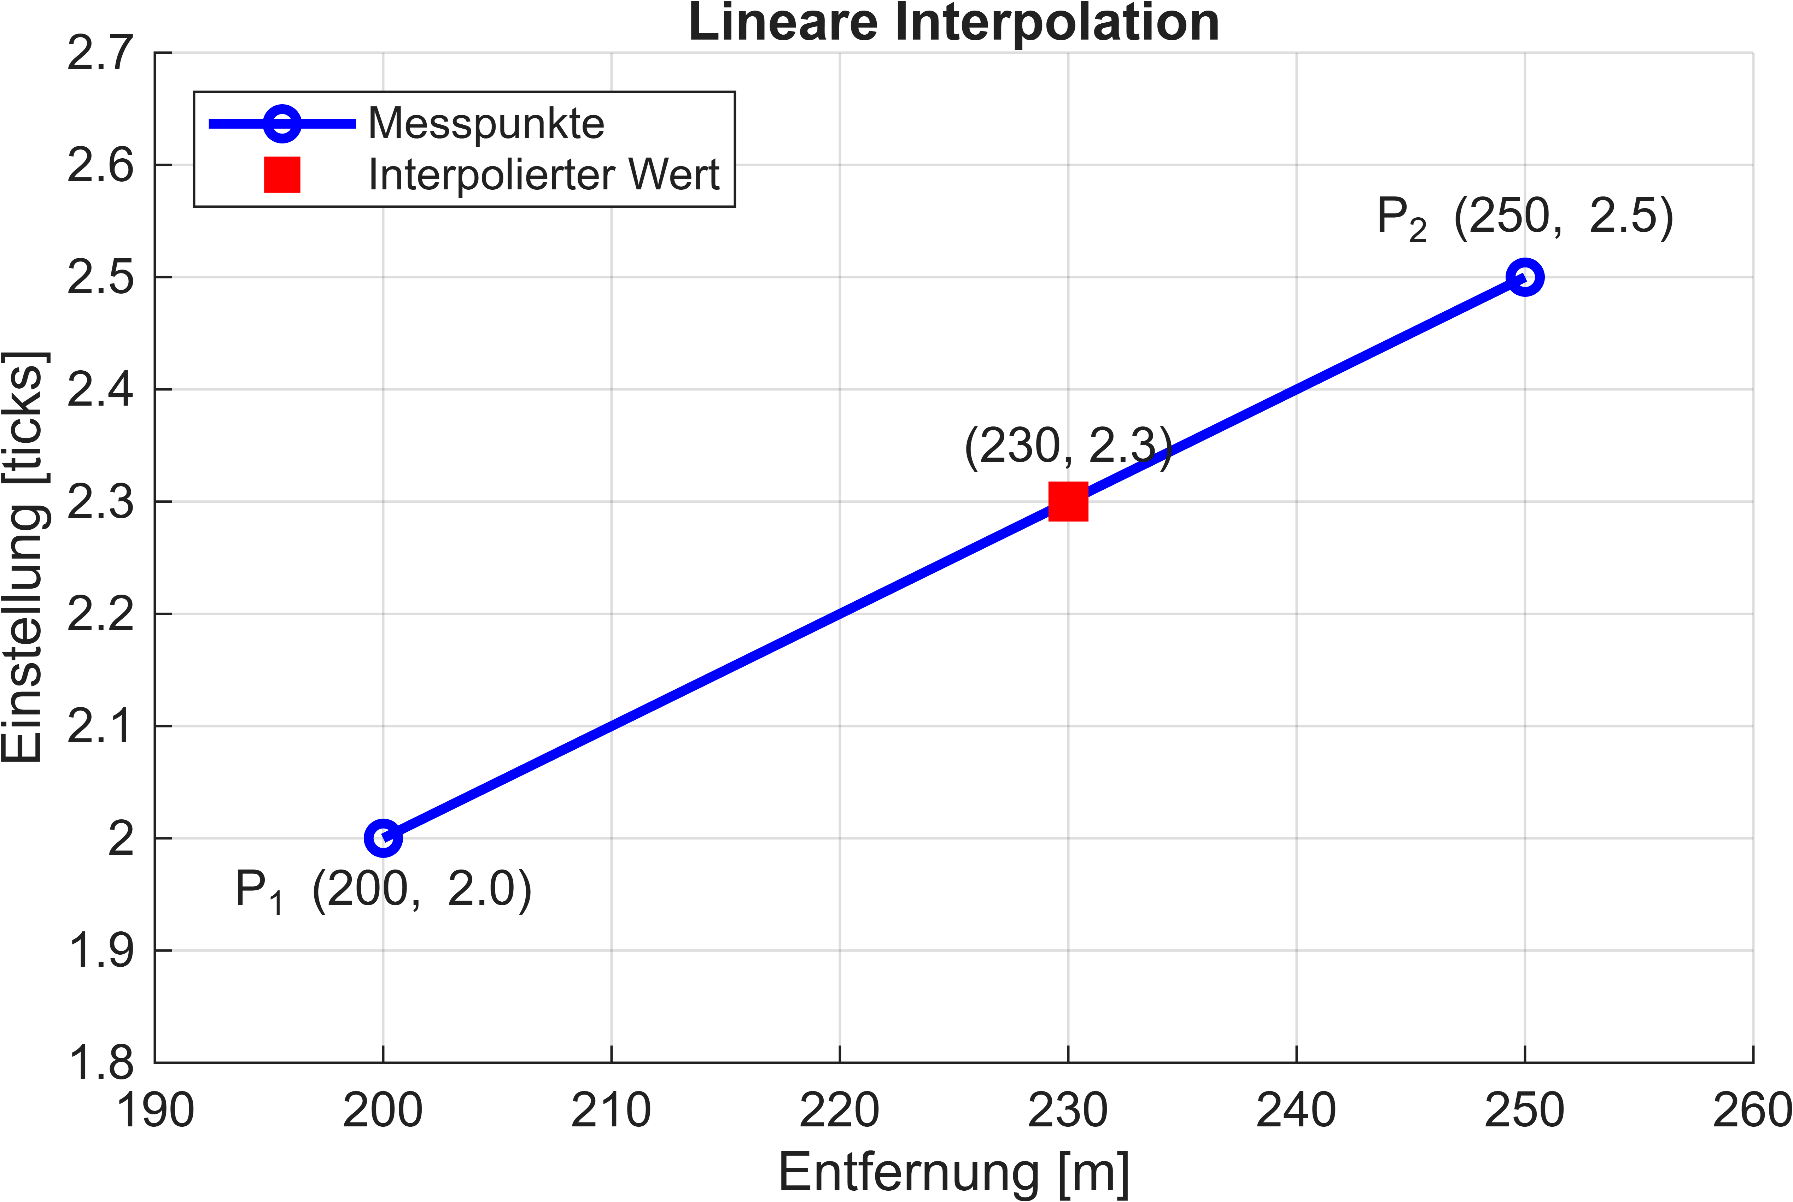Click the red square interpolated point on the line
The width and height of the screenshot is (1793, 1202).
pyautogui.click(x=1068, y=501)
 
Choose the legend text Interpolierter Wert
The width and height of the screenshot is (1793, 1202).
pyautogui.click(x=544, y=175)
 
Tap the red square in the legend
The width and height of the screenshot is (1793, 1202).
pyautogui.click(x=282, y=175)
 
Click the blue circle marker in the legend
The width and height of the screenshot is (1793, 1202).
pyautogui.click(x=282, y=123)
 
